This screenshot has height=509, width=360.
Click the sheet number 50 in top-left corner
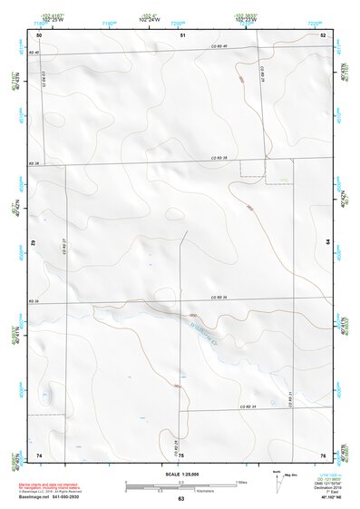click(x=39, y=34)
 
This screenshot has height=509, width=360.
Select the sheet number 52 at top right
click(x=323, y=34)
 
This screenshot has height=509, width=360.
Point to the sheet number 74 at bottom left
click(x=39, y=454)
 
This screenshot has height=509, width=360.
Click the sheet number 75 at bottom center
click(x=180, y=455)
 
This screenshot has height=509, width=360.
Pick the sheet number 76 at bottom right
click(x=323, y=454)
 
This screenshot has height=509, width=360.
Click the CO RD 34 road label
click(x=247, y=406)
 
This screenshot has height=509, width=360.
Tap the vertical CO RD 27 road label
click(x=64, y=245)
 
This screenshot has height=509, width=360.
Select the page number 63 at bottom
click(x=180, y=499)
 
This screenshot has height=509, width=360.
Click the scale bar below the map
click(x=180, y=486)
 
